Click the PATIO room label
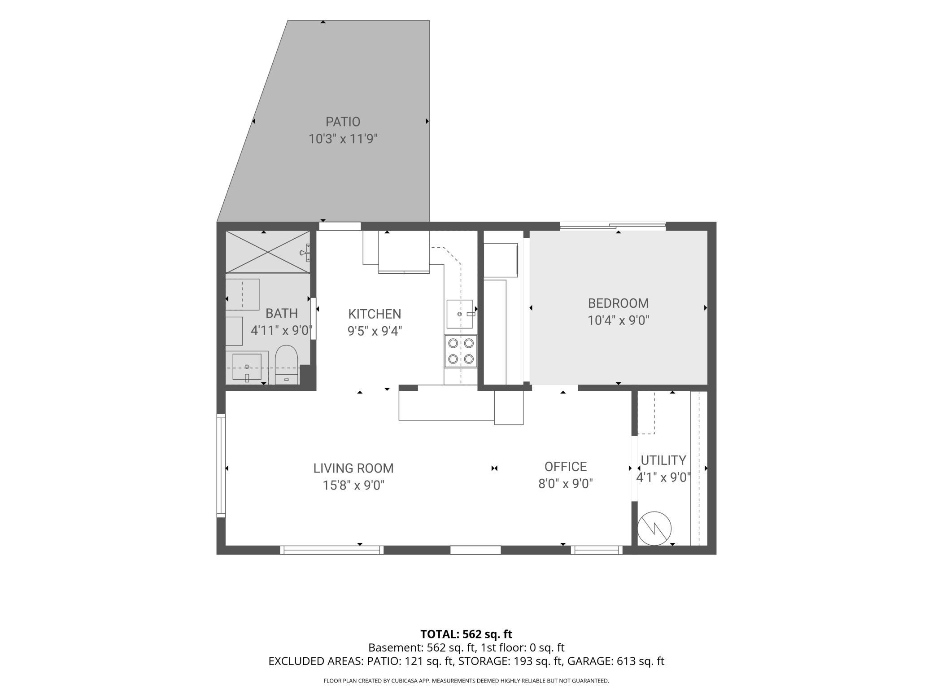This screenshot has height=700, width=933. pos(343,122)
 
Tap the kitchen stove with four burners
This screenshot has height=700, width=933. pos(461,351)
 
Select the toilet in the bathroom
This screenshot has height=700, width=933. pos(286,365)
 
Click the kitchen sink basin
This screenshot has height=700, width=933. pos(459,314)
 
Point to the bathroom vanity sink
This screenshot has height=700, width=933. pos(247,367)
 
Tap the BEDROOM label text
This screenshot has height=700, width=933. pos(618,303)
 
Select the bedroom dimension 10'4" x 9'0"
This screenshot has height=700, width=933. pos(619,320)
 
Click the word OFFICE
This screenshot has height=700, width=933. pos(566,467)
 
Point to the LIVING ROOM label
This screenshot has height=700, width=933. pos(353,468)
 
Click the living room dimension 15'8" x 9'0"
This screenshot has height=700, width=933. pos(354,485)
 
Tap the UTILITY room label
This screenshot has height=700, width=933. pos(663,460)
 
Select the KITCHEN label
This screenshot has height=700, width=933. pos(375,314)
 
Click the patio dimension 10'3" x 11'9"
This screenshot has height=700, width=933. pos(343,139)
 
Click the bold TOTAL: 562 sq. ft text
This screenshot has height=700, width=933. pos(466,634)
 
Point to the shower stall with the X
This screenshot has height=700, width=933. pos(268,252)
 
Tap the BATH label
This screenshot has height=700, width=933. pos(282,313)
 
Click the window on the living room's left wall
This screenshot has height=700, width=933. pos(221,465)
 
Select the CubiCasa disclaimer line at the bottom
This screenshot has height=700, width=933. pos(466,681)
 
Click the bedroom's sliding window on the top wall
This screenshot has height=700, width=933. pos(613,226)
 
